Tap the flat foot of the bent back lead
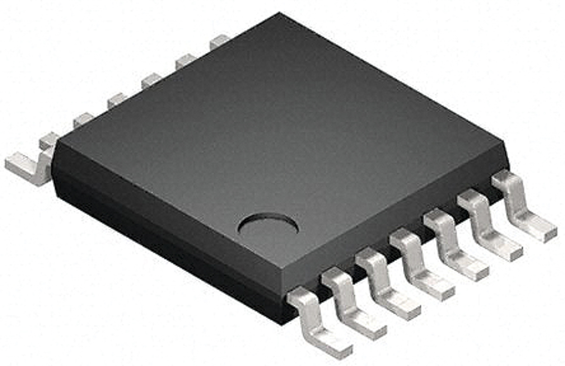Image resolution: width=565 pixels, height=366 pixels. point(21,165)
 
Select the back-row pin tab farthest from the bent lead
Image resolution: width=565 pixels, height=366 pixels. point(219,41)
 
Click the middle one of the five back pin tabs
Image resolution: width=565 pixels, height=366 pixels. point(151,80)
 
